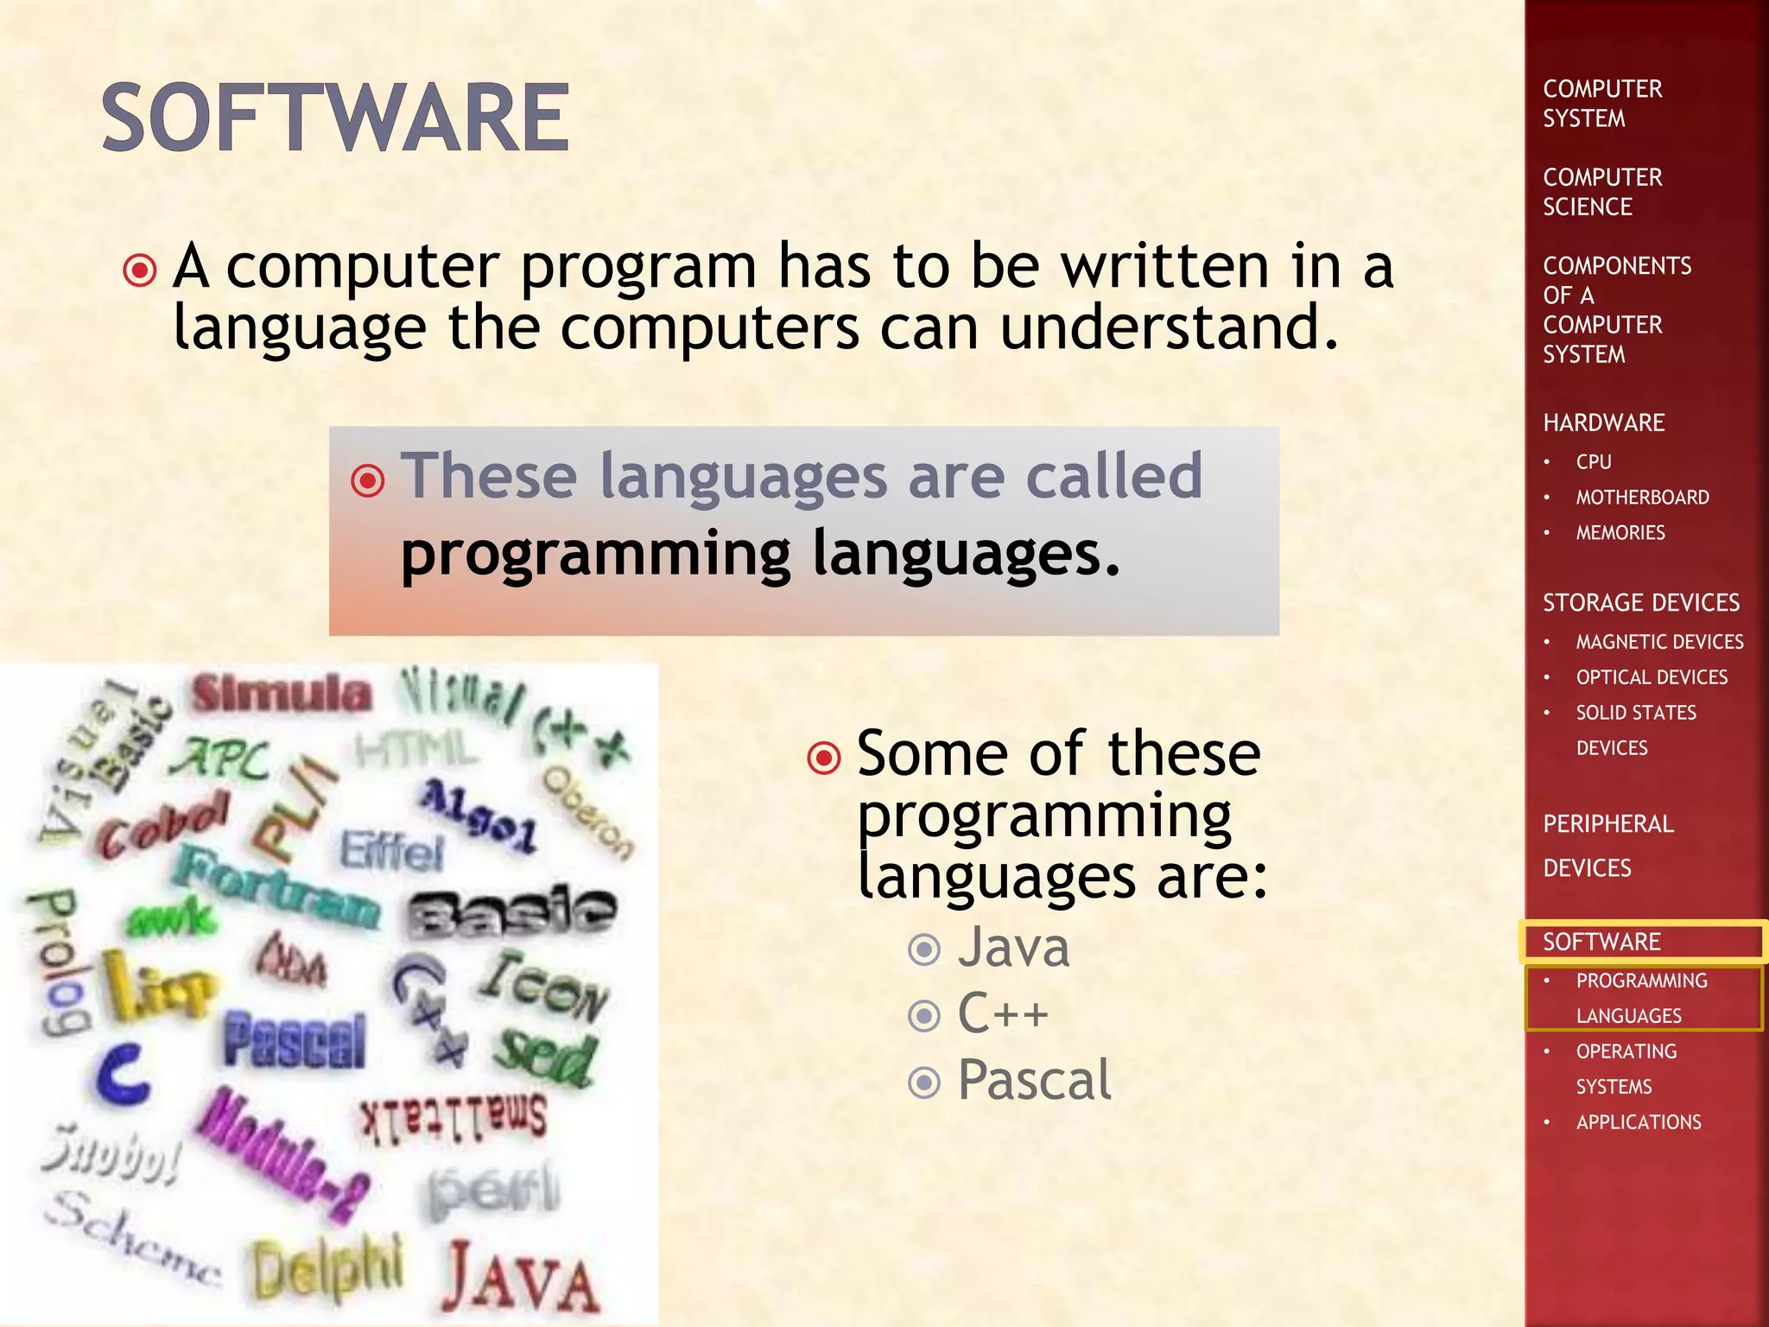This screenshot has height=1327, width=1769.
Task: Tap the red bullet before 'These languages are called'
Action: pos(368,479)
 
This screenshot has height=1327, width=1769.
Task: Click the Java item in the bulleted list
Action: pos(1013,948)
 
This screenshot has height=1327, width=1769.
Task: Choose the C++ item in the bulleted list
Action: pos(1002,1013)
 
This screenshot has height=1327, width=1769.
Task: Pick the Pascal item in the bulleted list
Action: pos(1034,1080)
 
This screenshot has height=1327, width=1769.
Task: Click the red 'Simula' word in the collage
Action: pos(282,694)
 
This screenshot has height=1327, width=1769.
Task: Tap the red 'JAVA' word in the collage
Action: pos(521,1277)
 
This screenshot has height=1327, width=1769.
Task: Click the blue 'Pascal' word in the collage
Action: pos(295,1041)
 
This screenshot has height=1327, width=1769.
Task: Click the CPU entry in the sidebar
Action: pos(1594,462)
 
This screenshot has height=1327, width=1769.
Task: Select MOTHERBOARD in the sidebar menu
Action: pos(1642,498)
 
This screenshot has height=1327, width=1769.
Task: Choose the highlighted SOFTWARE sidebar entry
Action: pos(1602,942)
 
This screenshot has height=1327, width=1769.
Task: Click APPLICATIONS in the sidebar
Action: pos(1639,1122)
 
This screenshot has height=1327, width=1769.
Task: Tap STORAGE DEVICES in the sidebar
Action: pos(1641,603)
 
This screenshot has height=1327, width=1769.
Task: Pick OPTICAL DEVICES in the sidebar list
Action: pos(1652,677)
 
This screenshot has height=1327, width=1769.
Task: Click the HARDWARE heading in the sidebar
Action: pos(1604,423)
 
